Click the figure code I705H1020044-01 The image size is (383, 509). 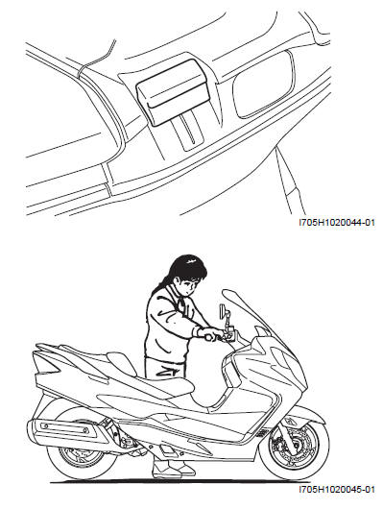[x=337, y=223]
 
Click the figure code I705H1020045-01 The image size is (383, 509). [x=337, y=489]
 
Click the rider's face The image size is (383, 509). [x=189, y=286]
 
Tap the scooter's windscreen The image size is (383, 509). [x=247, y=311]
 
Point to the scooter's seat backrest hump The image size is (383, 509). [x=121, y=364]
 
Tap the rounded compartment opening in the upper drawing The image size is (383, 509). [x=264, y=85]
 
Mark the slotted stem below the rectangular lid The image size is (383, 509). [x=188, y=132]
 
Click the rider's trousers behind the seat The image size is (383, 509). [x=165, y=369]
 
